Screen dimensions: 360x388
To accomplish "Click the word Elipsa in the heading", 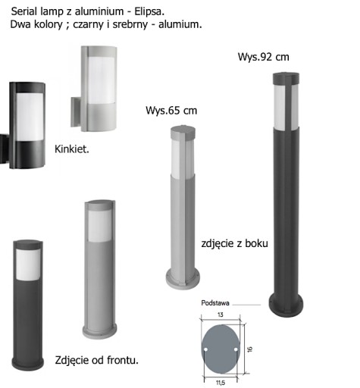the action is tap(149, 12).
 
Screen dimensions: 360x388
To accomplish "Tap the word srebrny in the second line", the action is tap(130, 25).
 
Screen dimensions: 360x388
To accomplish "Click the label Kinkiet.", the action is tap(72, 149).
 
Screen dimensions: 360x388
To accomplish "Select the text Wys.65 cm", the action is tap(171, 111).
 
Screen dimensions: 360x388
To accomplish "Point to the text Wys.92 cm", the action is tap(264, 57).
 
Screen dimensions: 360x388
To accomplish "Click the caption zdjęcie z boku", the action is tap(234, 243).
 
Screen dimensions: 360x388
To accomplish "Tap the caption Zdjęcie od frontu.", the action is tap(97, 360).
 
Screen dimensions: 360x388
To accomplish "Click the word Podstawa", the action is tap(215, 303).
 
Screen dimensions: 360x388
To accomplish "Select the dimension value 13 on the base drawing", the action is tap(221, 314).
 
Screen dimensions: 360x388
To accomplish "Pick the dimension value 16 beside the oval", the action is tap(249, 349).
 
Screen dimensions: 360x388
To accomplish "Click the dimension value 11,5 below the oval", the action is tap(221, 383).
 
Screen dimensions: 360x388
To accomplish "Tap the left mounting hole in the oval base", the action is tap(205, 349).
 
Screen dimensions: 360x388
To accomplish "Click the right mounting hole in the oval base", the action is tap(236, 349).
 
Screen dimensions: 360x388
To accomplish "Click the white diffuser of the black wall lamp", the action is tap(30, 117).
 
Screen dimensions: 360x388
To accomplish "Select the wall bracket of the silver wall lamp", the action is tap(75, 112).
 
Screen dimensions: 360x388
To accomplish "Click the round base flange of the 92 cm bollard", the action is tap(286, 305).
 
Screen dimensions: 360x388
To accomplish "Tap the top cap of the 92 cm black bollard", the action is tap(286, 78).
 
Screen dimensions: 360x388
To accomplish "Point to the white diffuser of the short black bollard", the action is tap(28, 264).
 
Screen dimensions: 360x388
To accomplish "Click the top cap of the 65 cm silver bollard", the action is tap(183, 133).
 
